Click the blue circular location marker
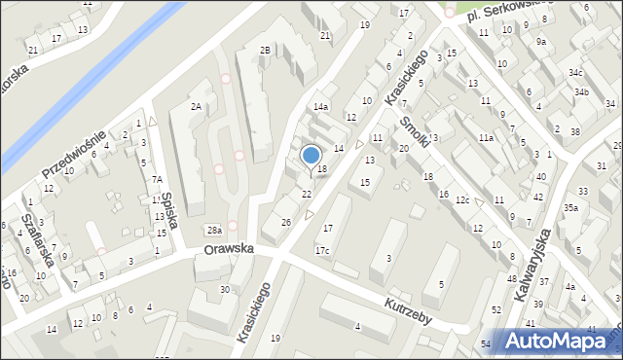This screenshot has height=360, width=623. [x=311, y=155]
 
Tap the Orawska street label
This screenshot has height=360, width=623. [x=229, y=249]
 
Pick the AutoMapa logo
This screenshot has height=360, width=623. [x=559, y=341]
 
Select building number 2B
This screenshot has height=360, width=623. [x=264, y=50]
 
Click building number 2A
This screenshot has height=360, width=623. [x=196, y=107]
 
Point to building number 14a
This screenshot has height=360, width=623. [x=320, y=107]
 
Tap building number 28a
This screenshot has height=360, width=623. [x=214, y=230]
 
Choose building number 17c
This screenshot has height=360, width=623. [x=321, y=251]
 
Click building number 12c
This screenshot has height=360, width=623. [x=463, y=200]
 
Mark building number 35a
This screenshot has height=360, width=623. [x=570, y=207]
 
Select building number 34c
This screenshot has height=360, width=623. [x=576, y=73]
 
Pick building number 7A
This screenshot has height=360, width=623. [x=157, y=179]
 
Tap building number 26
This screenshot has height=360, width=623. [x=285, y=222]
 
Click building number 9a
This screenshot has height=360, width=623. [x=541, y=42]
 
